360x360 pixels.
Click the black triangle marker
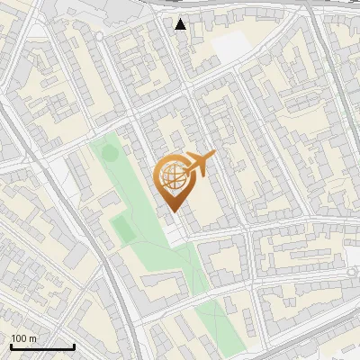(x=181, y=23)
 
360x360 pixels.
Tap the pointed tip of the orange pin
(x=171, y=212)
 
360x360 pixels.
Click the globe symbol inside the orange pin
(x=171, y=178)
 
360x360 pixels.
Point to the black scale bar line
(x=42, y=346)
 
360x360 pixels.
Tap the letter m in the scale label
(x=33, y=338)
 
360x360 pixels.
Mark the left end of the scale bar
(x=11, y=346)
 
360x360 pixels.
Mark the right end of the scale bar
(x=74, y=346)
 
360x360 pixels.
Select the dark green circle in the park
(x=110, y=153)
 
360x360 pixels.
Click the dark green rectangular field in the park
(x=124, y=229)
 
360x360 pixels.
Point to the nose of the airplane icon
(x=214, y=156)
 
